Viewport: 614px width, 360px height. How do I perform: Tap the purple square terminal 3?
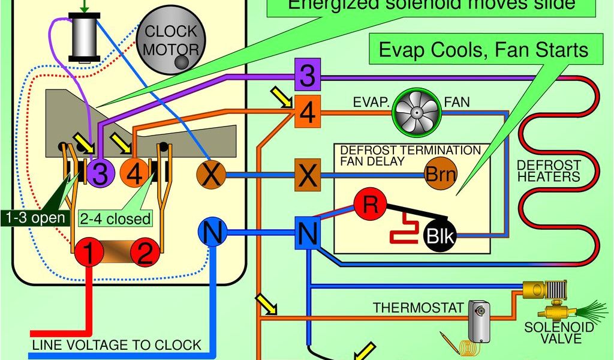click(306, 76)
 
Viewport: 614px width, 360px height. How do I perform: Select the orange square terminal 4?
click(306, 112)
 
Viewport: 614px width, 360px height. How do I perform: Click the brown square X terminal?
click(306, 176)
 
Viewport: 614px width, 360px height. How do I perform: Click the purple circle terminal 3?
click(100, 174)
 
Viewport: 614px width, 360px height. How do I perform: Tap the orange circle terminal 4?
click(134, 174)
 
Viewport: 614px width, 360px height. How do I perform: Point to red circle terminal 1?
click(88, 254)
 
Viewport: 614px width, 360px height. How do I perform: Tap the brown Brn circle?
click(440, 175)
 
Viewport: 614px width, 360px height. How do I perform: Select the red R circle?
click(369, 204)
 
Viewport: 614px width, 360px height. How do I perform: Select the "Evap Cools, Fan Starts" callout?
click(483, 49)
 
